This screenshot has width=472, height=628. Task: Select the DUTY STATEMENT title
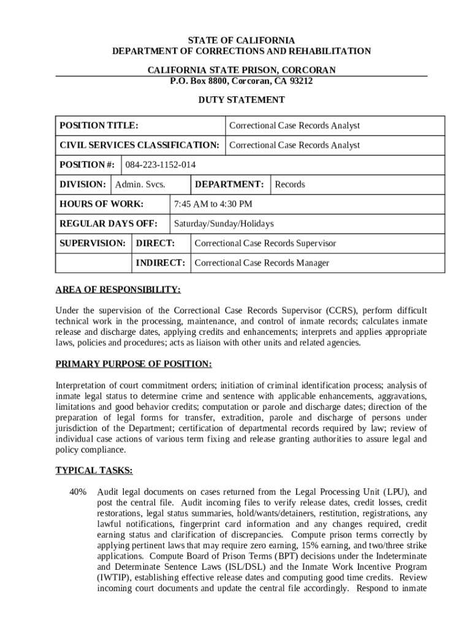[x=241, y=99]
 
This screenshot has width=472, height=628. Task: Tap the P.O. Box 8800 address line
[x=241, y=81]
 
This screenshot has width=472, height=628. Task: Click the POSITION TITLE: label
[x=98, y=126]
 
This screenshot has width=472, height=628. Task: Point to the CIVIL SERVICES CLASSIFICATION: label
[x=139, y=145]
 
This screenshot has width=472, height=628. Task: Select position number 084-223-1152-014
[x=161, y=165]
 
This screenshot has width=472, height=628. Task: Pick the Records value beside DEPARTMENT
[x=290, y=185]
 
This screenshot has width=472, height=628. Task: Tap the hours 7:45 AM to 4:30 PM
[x=213, y=204]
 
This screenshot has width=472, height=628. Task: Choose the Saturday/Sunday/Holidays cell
[x=224, y=224]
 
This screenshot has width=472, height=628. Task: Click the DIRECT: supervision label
[x=155, y=243]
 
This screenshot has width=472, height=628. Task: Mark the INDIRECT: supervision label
[x=160, y=263]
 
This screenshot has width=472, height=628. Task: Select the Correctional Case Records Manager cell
[x=262, y=263]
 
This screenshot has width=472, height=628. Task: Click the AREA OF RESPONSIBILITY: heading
[x=118, y=289]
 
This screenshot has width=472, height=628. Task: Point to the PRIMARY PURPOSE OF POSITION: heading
[x=134, y=364]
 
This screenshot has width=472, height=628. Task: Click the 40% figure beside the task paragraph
[x=78, y=492]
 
